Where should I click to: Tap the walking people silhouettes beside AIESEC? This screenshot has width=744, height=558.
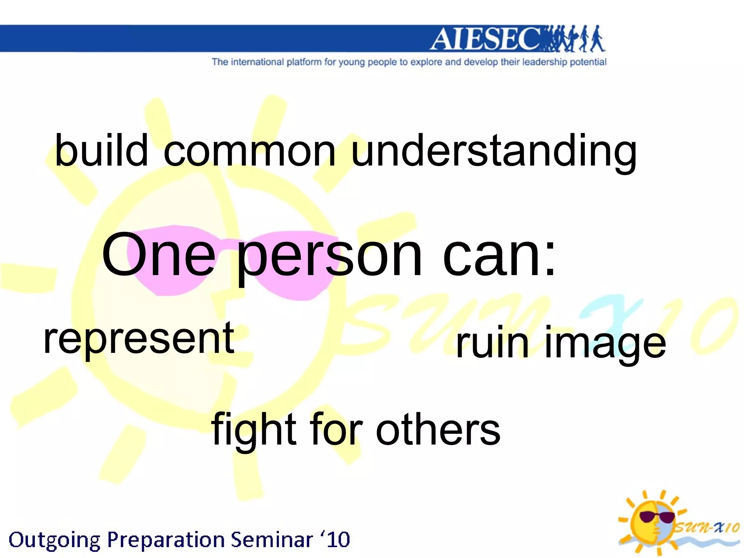pos(574,39)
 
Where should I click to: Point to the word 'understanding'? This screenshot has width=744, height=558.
pos(494,152)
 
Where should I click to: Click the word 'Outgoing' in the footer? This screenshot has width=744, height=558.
pos(54,540)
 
